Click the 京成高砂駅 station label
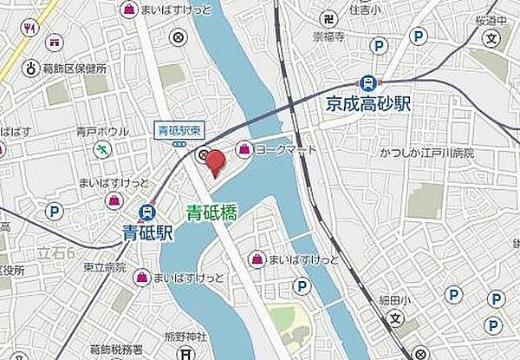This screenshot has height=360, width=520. (x=368, y=104)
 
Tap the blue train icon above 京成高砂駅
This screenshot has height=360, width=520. (x=369, y=82)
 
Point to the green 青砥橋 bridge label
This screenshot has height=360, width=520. (x=212, y=211)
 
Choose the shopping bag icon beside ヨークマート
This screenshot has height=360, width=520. (x=247, y=148)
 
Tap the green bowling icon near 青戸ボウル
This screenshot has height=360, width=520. (x=105, y=150)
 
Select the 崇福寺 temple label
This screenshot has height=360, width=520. (x=330, y=38)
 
